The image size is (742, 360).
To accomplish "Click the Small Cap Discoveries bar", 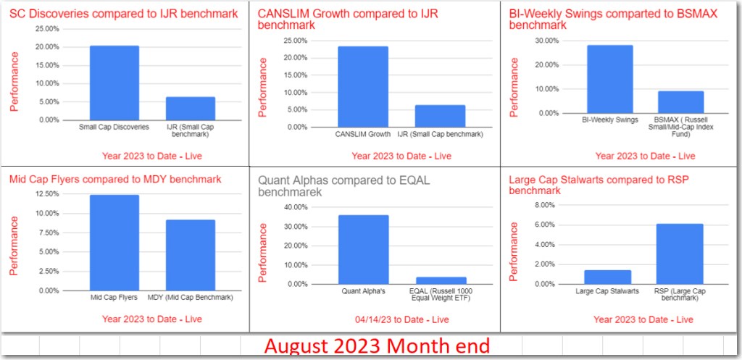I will tap(114, 83).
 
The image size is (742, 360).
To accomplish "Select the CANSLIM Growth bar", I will tap(362, 87).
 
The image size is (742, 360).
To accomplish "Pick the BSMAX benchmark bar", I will tap(680, 102).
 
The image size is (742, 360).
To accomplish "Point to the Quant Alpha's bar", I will tap(363, 250).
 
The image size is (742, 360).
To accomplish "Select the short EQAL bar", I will tap(441, 280).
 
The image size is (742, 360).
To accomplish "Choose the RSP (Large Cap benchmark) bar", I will tap(680, 254).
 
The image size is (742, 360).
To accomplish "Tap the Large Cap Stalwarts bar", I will tap(608, 277).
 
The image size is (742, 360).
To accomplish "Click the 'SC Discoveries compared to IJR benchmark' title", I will tap(123, 13).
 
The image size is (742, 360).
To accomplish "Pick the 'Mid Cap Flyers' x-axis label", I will tap(114, 298).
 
